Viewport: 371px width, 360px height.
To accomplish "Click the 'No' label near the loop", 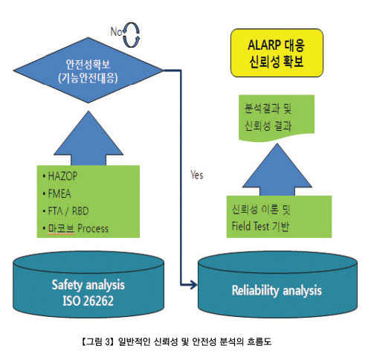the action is click(116, 32).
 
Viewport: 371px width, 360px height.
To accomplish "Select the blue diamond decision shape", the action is click(88, 71).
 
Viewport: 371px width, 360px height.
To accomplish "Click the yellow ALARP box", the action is click(277, 53).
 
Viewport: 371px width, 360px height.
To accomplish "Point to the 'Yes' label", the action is click(197, 175).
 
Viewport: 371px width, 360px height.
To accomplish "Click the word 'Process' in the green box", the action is click(93, 228).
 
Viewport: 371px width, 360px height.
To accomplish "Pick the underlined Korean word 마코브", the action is click(61, 228).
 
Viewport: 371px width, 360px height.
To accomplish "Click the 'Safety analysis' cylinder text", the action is click(88, 285).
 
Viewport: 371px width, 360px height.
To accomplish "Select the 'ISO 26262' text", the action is click(88, 300).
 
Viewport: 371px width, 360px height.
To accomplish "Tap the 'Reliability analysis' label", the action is click(277, 290).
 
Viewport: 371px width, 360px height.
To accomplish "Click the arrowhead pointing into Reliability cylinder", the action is click(193, 284).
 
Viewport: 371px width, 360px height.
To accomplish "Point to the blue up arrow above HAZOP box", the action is click(88, 138).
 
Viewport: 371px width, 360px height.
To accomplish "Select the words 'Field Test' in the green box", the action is click(251, 226).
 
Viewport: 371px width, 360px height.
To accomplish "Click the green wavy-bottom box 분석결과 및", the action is click(277, 118).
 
